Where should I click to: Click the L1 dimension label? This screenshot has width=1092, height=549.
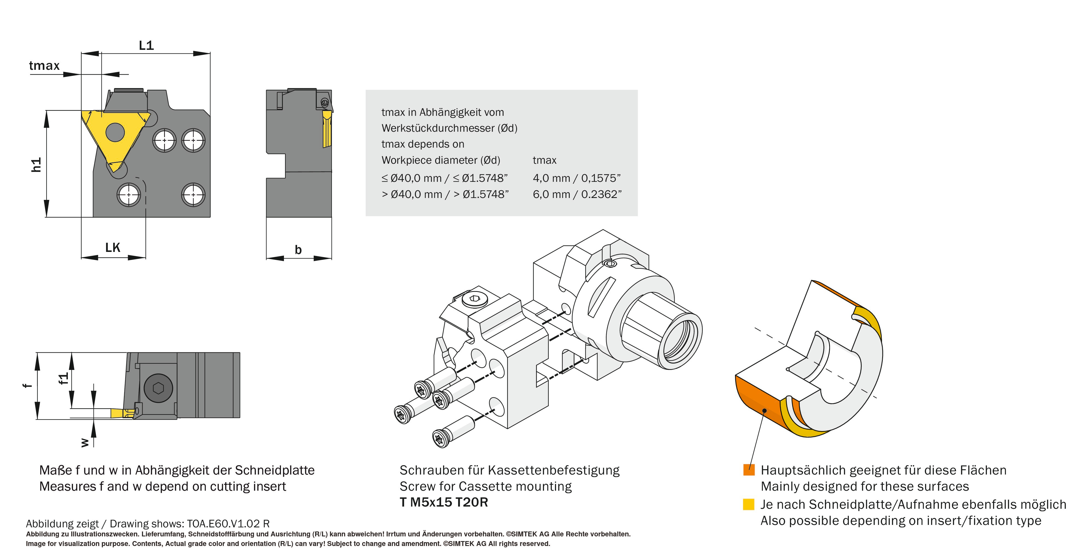pos(146,45)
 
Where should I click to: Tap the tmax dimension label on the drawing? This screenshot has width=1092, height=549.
pos(44,66)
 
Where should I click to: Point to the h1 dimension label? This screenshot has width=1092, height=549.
pos(36,165)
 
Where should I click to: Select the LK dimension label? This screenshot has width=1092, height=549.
pos(113,247)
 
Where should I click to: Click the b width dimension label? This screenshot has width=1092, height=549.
pos(298,250)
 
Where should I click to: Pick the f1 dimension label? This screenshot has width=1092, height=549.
pos(63,378)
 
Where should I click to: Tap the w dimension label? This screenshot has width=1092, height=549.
pos(85,442)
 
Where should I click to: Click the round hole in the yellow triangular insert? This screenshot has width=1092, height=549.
pos(115,132)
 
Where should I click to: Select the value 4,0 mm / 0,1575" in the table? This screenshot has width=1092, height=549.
pos(577,178)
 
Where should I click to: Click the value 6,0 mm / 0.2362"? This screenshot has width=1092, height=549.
pos(577,194)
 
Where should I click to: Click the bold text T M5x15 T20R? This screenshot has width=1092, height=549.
pos(443,502)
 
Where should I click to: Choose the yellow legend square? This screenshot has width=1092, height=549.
pos(749,504)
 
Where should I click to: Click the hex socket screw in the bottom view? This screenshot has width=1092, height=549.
pos(158,388)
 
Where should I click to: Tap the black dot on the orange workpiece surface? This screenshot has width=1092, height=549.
pos(764,410)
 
